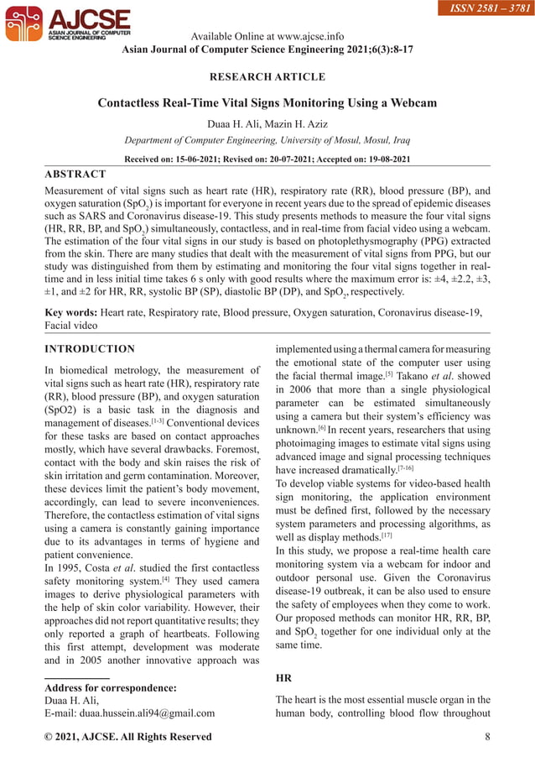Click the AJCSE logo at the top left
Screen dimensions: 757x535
coord(67,24)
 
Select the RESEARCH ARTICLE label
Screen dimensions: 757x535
coord(267,77)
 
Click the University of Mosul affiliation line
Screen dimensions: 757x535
coord(267,140)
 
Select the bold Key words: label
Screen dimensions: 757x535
coord(70,312)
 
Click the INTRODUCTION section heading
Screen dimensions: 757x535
coord(89,349)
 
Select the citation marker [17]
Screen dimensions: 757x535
coord(386,533)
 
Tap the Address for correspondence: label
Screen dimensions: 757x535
coord(110,688)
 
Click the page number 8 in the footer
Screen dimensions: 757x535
coord(487,737)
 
